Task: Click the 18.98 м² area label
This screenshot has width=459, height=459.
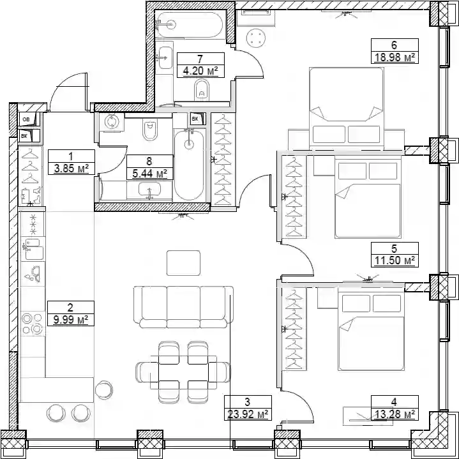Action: click(395, 57)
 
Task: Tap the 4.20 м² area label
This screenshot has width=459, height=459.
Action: click(200, 71)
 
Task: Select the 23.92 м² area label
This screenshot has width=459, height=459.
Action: click(248, 414)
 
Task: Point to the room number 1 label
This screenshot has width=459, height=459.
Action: click(71, 156)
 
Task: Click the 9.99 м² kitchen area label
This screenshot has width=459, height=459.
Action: click(71, 320)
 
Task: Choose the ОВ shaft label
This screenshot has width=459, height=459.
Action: click(26, 119)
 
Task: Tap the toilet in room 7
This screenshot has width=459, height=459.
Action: click(202, 91)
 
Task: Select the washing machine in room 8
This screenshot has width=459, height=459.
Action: click(112, 122)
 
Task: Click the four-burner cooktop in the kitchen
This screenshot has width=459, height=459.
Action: click(32, 324)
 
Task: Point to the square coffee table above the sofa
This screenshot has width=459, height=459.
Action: click(184, 263)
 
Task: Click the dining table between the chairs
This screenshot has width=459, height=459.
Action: click(184, 372)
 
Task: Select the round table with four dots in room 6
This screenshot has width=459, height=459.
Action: click(256, 38)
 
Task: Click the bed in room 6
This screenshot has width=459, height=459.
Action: click(346, 107)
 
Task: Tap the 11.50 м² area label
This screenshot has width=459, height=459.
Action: click(395, 260)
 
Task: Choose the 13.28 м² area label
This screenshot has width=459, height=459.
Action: click(395, 414)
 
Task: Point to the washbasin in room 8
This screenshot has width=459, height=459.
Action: click(149, 191)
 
